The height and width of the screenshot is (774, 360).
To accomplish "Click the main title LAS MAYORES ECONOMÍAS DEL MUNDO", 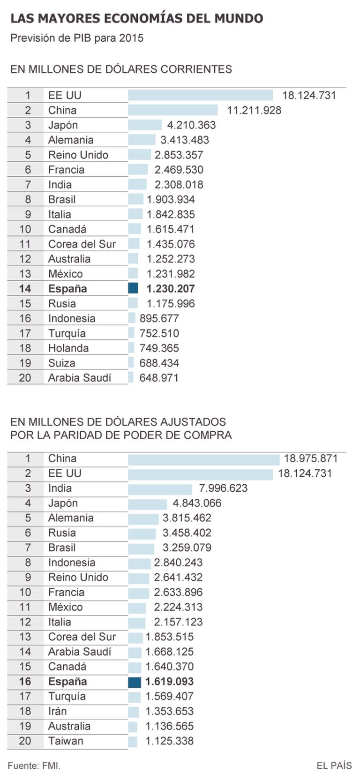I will (136, 18).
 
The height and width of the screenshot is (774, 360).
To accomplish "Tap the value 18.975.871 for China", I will (310, 458).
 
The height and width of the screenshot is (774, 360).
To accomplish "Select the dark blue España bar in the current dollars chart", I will (133, 288).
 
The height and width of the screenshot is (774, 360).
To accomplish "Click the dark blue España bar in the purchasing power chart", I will (134, 682).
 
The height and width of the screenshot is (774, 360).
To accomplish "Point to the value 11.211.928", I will (254, 110).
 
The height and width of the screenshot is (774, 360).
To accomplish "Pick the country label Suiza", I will (61, 363).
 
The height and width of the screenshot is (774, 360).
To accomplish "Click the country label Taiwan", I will (66, 741).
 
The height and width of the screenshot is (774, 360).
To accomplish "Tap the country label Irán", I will (57, 711).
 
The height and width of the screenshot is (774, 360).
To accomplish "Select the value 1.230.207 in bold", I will (171, 289).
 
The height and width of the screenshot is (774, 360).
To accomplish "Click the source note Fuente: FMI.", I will (34, 765).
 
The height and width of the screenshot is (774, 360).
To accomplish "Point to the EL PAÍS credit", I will (334, 765).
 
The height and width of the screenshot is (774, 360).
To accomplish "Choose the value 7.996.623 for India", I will (223, 488).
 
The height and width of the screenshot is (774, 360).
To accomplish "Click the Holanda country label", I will (68, 348).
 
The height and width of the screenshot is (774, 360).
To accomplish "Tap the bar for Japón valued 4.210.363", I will (144, 125).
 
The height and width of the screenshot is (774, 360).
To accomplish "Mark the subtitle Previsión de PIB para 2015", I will (77, 38).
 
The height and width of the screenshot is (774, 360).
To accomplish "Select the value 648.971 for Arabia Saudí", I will (159, 378).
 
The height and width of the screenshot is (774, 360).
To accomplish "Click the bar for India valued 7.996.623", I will (160, 488).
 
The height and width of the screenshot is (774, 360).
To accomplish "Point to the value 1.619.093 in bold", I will (169, 682).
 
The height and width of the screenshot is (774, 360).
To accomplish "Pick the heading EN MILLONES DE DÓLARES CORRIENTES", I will (121, 69).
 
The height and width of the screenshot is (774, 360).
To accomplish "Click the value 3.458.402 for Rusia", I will (187, 533).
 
